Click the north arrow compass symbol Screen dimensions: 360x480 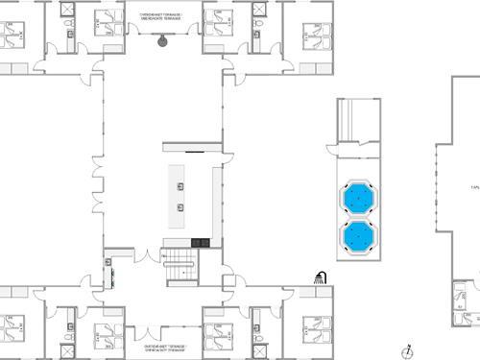pyautogui.click(x=409, y=350)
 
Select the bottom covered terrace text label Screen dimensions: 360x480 pyautogui.click(x=164, y=347)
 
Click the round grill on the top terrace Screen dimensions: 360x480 pyautogui.click(x=162, y=40)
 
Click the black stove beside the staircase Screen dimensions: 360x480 pyautogui.click(x=200, y=242)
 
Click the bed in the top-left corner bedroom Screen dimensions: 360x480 pyautogui.click(x=13, y=36)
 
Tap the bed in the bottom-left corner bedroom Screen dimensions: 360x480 pyautogui.click(x=13, y=328)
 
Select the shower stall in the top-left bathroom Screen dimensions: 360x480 pyautogui.click(x=67, y=10)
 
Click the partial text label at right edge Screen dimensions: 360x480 pyautogui.click(x=474, y=187)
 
